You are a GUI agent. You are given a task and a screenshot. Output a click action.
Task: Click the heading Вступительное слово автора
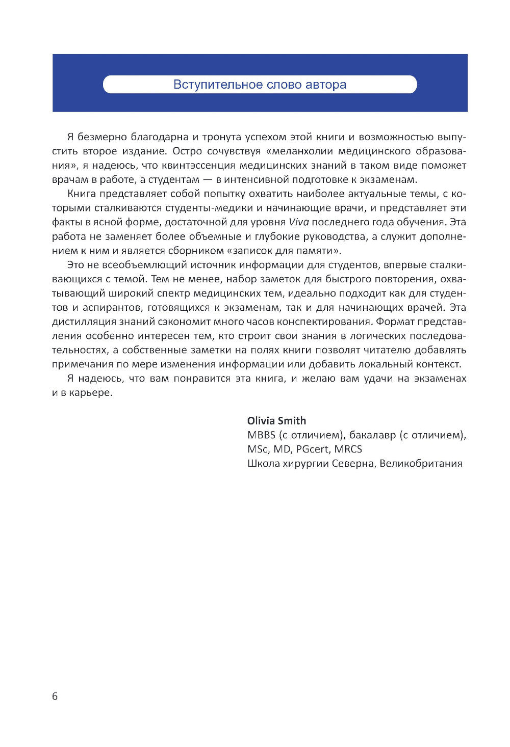260,85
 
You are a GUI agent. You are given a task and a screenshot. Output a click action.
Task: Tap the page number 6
55,696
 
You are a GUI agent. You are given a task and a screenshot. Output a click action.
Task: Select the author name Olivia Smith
276,420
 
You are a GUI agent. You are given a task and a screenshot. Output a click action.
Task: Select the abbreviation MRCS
348,449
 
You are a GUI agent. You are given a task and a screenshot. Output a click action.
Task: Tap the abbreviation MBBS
261,435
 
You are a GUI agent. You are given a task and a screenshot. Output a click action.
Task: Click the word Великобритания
421,463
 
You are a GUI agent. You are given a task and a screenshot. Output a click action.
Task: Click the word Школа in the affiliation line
262,463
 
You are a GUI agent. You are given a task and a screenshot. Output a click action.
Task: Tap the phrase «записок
248,251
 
